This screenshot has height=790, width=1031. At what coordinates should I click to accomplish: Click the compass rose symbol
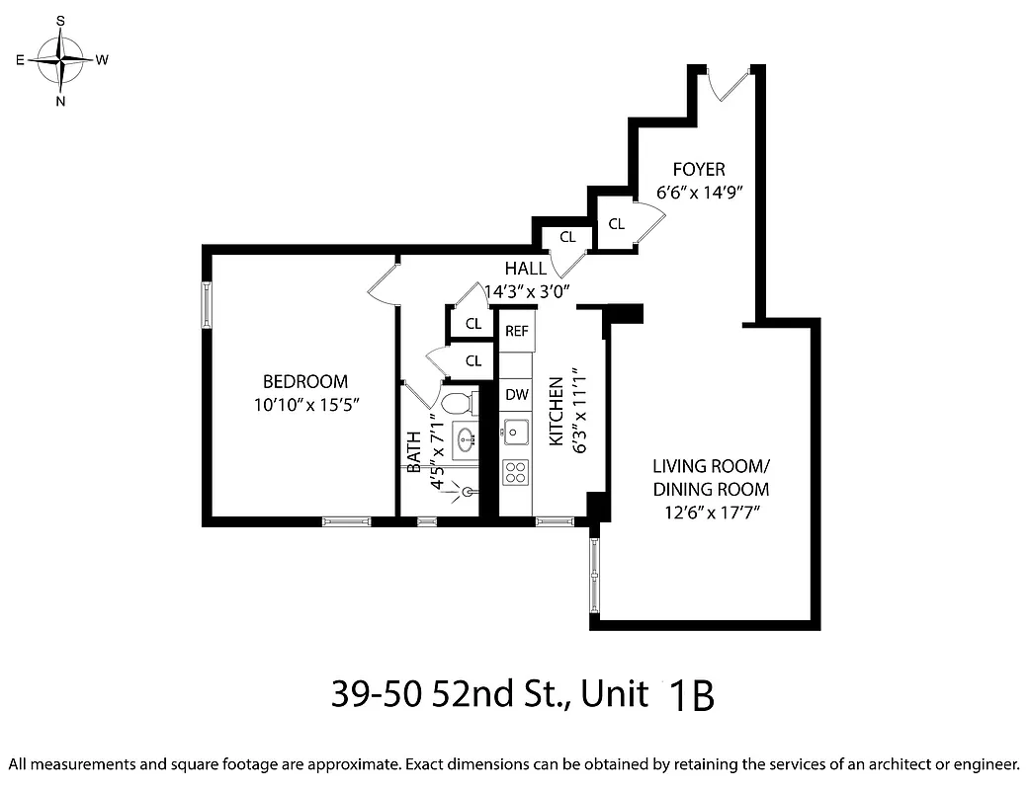(x=61, y=59)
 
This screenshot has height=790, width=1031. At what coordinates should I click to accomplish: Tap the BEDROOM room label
(x=304, y=382)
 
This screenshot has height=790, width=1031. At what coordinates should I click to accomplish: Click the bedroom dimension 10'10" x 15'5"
(x=304, y=404)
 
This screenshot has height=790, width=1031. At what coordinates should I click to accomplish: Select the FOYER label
(x=699, y=170)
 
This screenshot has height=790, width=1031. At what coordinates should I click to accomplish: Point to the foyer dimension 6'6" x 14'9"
(x=699, y=192)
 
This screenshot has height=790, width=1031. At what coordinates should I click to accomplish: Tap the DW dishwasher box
(x=517, y=395)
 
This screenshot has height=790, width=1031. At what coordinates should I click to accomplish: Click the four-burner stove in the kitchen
(x=516, y=471)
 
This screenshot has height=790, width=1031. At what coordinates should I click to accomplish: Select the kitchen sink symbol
(x=515, y=432)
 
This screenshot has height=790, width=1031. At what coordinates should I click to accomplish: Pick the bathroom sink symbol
(x=465, y=440)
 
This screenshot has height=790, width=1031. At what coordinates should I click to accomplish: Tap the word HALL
(x=525, y=269)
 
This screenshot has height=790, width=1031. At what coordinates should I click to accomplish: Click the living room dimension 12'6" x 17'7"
(x=710, y=512)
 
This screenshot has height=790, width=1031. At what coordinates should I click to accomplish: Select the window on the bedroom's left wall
(x=208, y=304)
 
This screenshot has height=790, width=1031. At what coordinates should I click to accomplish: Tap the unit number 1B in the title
(x=691, y=696)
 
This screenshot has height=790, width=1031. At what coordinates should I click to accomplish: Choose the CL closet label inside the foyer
(x=617, y=224)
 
